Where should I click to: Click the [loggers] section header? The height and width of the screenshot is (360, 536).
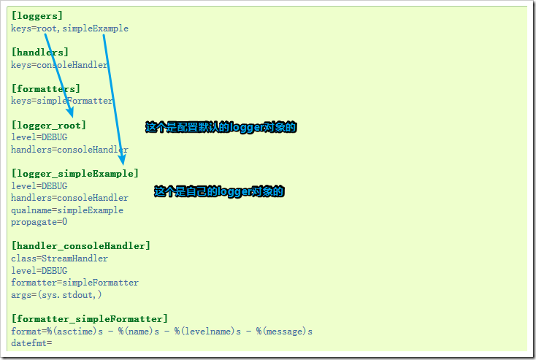(x=37, y=15)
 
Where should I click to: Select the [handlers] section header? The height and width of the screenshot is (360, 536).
(x=40, y=52)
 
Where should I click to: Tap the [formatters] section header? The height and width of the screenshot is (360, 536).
(x=46, y=88)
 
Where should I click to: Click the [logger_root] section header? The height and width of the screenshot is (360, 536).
(x=48, y=125)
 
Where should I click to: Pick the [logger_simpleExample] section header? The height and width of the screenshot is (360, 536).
(x=74, y=173)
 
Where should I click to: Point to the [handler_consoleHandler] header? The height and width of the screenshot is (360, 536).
(x=80, y=245)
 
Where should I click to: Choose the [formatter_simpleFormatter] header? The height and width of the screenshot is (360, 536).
(x=89, y=318)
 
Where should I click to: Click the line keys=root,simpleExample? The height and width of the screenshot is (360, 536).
(x=69, y=28)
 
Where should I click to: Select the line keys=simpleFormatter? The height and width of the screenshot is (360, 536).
(x=62, y=101)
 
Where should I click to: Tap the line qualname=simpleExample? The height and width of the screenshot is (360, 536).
(x=67, y=210)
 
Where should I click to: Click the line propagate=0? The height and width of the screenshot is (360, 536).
(x=39, y=221)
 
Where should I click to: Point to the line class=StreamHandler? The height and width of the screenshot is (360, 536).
(x=59, y=258)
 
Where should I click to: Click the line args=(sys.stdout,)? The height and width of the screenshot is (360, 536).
(x=56, y=294)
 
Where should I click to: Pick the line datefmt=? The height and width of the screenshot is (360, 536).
(x=31, y=342)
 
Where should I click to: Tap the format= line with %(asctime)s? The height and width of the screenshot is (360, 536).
(x=161, y=331)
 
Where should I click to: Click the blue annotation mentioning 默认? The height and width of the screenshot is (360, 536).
(x=221, y=127)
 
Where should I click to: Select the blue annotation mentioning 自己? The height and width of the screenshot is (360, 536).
(x=218, y=191)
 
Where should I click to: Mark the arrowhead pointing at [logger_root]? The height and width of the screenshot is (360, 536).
(x=71, y=113)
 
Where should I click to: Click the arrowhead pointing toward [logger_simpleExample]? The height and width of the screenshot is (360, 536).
(x=123, y=159)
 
